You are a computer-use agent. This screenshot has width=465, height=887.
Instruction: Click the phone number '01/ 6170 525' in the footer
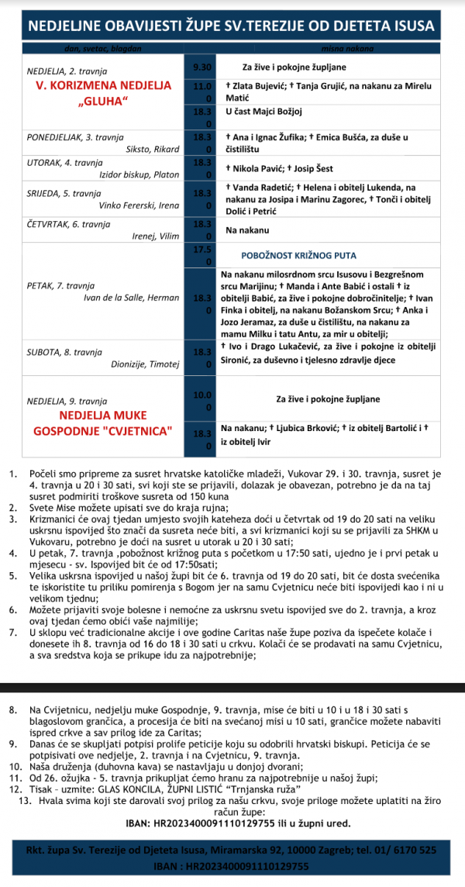(405, 850)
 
